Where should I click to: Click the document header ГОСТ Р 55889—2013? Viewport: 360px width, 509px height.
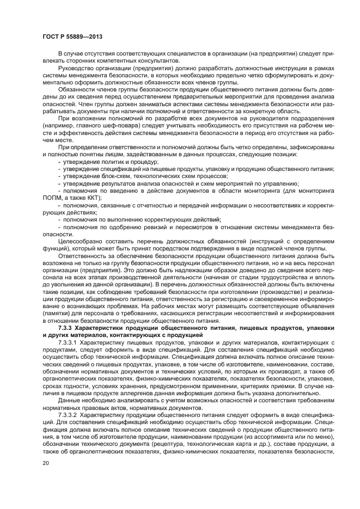pyautogui.click(x=72, y=36)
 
